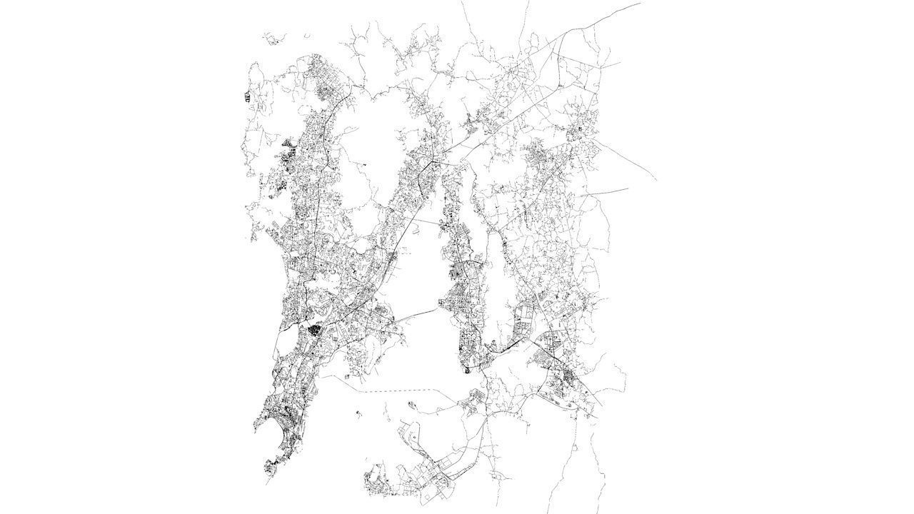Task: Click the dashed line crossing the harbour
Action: pyautogui.click(x=400, y=390)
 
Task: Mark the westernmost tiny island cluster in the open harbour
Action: pyautogui.click(x=358, y=411)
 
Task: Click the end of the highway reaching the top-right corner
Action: pyautogui.click(x=639, y=3)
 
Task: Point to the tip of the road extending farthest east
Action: pyautogui.click(x=656, y=179)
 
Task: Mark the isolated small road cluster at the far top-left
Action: pyautogui.click(x=271, y=38)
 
